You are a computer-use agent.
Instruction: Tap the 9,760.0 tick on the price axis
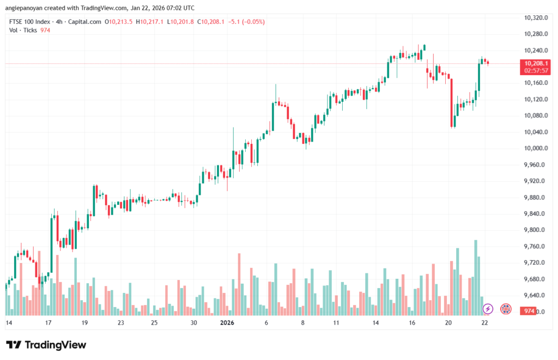535,247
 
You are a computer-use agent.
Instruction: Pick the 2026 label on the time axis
227,323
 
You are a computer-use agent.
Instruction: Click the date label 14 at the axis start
9,323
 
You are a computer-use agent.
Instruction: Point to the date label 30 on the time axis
194,323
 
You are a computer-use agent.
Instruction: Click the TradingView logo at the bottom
46,345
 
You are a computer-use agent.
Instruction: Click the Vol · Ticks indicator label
23,30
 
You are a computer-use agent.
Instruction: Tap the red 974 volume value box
527,311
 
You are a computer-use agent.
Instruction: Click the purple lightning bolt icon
488,309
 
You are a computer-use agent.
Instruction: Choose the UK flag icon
506,309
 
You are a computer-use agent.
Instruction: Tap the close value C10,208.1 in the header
211,22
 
